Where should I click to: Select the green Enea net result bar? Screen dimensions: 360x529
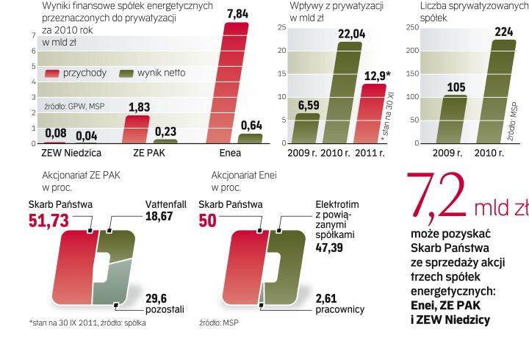[251, 138]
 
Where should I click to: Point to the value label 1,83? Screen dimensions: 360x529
[139, 107]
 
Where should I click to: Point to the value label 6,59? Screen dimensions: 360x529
[308, 105]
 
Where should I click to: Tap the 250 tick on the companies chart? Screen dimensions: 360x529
[412, 27]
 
